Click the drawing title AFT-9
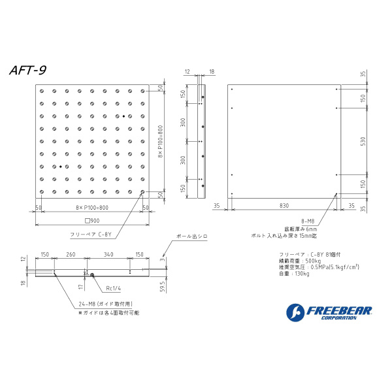point(27,69)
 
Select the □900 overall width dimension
point(91,220)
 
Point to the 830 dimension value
point(284,205)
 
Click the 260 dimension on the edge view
point(71,255)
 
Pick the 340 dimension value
point(108,255)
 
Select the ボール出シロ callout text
point(190,236)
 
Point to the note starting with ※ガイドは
point(110,313)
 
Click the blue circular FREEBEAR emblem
point(295,312)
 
